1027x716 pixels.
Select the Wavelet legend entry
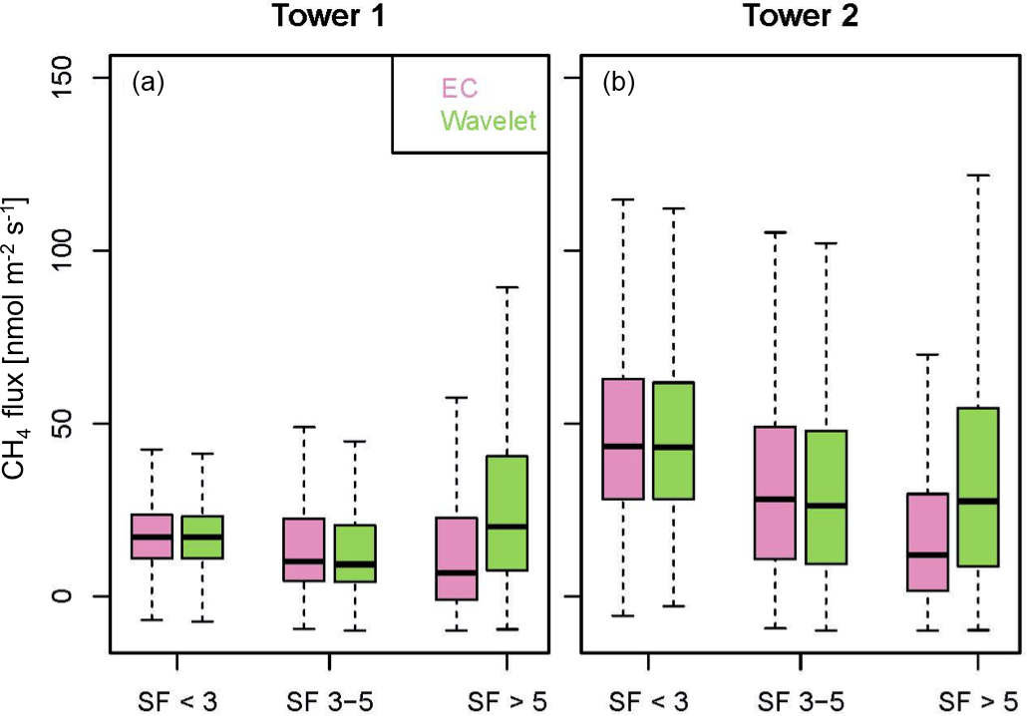pos(489,121)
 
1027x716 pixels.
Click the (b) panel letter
pos(619,84)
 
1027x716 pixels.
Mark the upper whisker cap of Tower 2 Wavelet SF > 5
pos(976,175)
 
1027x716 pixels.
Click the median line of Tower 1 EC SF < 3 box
pos(152,537)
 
